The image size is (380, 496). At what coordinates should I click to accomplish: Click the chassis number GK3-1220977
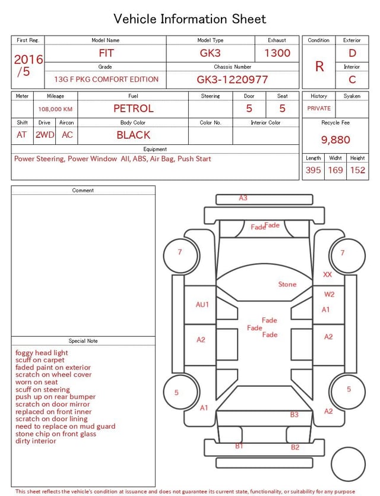click(x=232, y=80)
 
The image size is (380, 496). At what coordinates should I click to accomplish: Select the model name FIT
click(x=106, y=53)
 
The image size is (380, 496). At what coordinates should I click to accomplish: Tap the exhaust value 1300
click(x=277, y=53)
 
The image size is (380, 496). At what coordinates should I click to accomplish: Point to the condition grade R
click(x=319, y=67)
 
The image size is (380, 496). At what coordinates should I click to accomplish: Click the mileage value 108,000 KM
click(x=55, y=109)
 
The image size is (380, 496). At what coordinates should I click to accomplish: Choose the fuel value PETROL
click(x=134, y=109)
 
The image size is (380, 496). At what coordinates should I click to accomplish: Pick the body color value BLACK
click(x=134, y=135)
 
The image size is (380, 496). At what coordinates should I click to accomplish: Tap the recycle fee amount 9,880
click(x=335, y=140)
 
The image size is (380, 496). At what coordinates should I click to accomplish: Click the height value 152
click(x=357, y=170)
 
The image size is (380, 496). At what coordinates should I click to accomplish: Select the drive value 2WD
click(x=45, y=135)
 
